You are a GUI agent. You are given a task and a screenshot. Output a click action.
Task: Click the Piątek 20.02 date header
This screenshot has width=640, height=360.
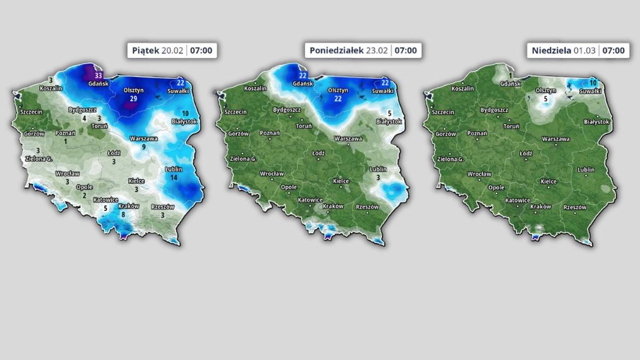point(172,51)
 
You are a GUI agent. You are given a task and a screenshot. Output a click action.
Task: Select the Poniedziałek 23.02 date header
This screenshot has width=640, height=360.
point(363,51)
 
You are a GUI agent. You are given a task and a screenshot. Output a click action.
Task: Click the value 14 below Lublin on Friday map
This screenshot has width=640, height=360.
point(174,177)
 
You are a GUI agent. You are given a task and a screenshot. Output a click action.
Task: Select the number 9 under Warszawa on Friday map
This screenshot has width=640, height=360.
point(143,147)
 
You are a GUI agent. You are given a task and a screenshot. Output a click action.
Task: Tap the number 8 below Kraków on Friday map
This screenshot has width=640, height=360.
point(124,214)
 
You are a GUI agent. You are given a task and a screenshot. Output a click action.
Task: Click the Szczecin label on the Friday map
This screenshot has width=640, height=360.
point(31,112)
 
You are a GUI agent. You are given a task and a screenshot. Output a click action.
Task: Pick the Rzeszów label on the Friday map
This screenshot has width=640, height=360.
point(163,207)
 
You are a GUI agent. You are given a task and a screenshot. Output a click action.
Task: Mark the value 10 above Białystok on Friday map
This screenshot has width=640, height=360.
point(185,114)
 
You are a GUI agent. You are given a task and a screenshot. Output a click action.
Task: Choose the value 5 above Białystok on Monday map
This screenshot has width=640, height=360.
point(389,114)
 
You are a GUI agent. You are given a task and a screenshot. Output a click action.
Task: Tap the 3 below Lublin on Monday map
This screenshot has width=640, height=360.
point(378,177)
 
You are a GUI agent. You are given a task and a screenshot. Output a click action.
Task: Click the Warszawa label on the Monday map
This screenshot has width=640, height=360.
point(348,139)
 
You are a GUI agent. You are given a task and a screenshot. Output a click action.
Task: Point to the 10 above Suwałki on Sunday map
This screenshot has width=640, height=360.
point(593,83)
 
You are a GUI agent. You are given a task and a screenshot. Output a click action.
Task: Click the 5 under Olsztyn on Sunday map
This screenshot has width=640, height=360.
point(546,99)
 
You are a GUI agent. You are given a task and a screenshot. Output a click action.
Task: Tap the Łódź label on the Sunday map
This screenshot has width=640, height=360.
point(526,153)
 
